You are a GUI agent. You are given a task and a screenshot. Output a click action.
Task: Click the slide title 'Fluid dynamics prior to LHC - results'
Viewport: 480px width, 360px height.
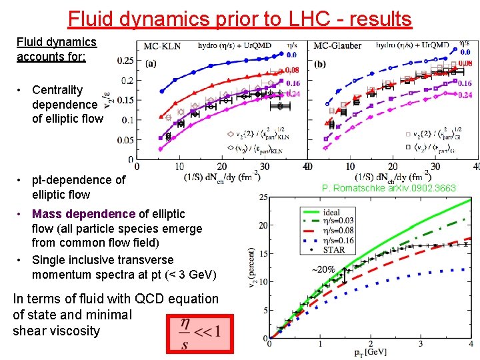pyautogui.click(x=240, y=18)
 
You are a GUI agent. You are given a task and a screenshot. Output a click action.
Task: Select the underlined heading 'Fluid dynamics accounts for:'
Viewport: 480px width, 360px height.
pyautogui.click(x=57, y=49)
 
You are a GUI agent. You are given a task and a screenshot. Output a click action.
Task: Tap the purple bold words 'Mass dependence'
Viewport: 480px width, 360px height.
pyautogui.click(x=83, y=214)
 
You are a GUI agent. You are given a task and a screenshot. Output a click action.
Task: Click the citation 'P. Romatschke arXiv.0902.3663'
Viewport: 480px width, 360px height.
pyautogui.click(x=389, y=188)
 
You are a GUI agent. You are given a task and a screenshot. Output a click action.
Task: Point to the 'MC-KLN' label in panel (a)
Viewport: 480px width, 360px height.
pyautogui.click(x=163, y=46)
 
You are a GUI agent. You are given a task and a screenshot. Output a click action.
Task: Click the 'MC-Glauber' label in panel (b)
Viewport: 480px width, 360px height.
pyautogui.click(x=337, y=46)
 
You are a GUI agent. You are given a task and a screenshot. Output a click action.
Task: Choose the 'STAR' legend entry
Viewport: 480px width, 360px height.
pyautogui.click(x=333, y=250)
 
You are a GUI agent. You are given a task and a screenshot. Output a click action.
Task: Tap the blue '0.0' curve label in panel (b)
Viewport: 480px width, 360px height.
pyautogui.click(x=465, y=52)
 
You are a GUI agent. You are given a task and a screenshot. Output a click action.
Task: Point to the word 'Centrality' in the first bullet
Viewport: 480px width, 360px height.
pyautogui.click(x=57, y=90)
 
